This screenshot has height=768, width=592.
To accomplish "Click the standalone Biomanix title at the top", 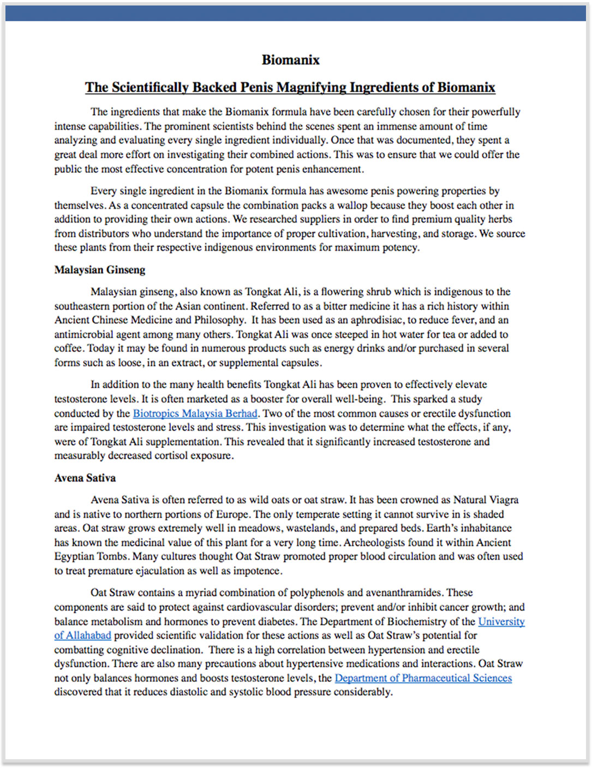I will [x=290, y=60].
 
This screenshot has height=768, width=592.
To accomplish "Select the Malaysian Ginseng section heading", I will [x=100, y=270].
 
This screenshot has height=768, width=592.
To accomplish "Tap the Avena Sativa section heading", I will [x=85, y=478].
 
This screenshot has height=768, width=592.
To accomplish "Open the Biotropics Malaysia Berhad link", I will [x=195, y=413].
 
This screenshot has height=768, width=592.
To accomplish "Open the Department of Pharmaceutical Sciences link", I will [x=423, y=678].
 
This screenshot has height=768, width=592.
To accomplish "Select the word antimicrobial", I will [x=84, y=334].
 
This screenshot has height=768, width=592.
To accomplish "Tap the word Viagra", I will [x=501, y=500].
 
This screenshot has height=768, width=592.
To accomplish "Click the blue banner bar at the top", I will [x=296, y=14].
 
